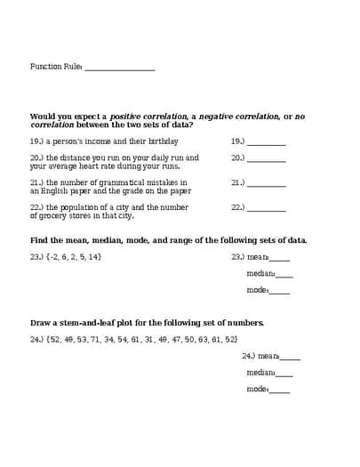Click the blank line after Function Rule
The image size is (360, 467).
119,68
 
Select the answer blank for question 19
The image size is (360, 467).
267,143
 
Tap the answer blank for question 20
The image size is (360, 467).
267,160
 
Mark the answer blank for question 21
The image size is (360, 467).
267,185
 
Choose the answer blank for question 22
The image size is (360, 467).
267,210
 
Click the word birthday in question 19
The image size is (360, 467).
163,141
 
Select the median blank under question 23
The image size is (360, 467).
284,276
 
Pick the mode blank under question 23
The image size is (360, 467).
279,292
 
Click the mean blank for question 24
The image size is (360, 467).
290,358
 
